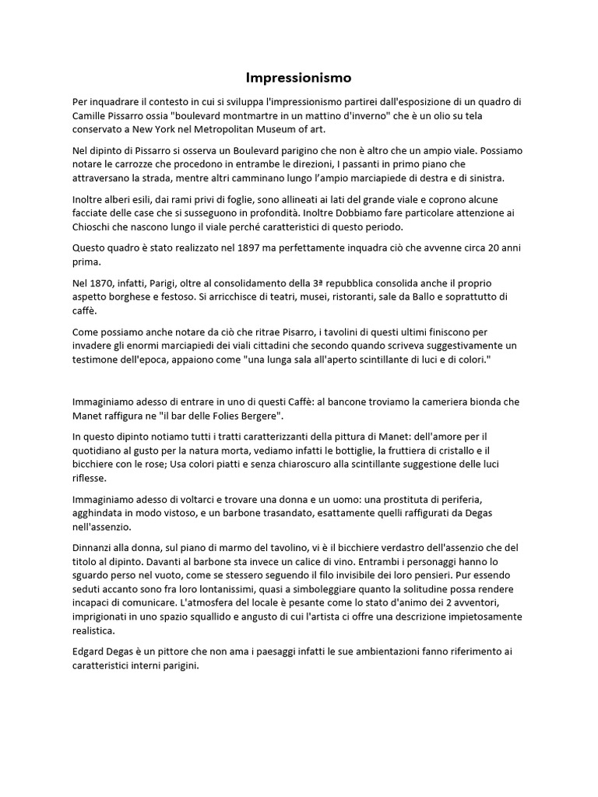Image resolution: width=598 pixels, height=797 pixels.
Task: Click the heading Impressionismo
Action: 299,78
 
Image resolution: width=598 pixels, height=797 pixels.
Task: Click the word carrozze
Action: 128,163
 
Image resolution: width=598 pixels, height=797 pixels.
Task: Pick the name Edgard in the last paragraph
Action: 92,651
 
